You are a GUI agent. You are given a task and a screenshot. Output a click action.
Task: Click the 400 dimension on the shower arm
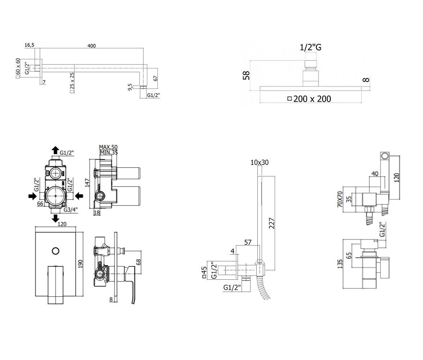tap(92, 46)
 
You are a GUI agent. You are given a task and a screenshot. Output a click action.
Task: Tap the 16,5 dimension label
tap(30, 45)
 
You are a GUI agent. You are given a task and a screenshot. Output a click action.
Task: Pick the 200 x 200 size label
tap(312, 98)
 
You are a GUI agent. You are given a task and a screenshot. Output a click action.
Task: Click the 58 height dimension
tap(247, 75)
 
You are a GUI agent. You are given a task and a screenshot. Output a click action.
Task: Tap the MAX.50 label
tap(108, 147)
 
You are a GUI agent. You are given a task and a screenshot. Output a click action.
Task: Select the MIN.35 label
tap(109, 152)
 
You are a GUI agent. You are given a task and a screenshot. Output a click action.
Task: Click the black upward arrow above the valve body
tap(55, 150)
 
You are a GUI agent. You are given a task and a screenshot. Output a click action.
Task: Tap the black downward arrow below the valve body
tap(56, 218)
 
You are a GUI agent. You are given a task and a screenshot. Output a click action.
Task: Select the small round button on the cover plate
tap(55, 251)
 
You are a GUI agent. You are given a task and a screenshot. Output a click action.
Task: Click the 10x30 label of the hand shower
tap(260, 163)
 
